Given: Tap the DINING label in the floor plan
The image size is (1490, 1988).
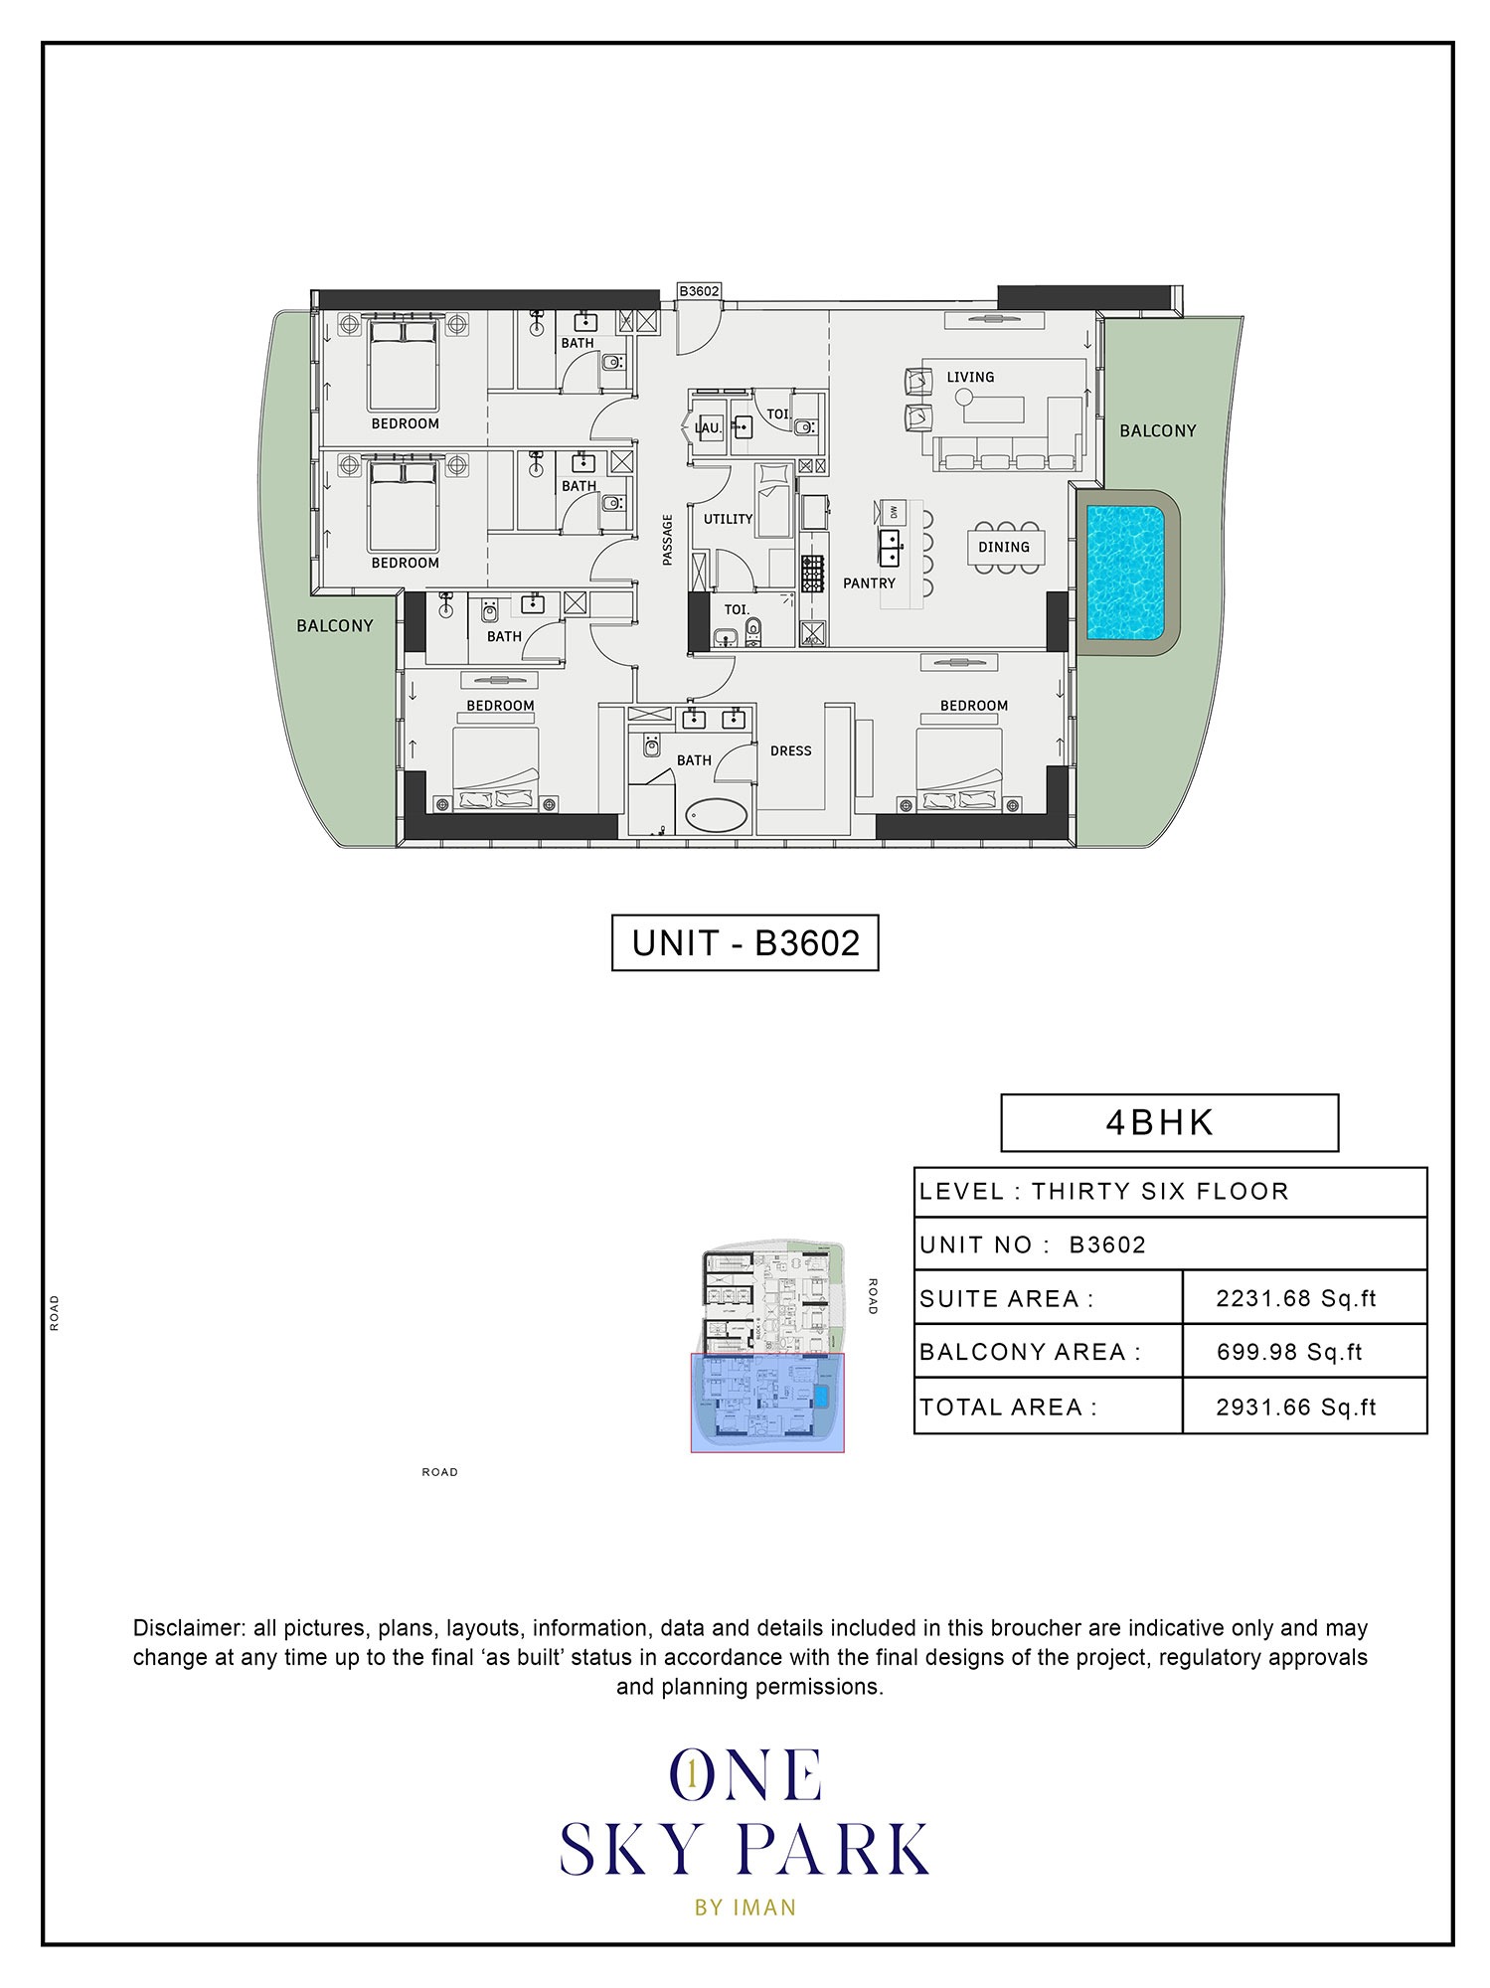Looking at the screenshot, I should coord(1003,547).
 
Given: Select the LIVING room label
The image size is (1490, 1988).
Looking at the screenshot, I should coord(969,377).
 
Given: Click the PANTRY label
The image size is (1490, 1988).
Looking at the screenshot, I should coord(869,583).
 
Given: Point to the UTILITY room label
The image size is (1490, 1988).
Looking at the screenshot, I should coord(728,519).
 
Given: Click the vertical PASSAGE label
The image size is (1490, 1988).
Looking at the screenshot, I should coord(668,540).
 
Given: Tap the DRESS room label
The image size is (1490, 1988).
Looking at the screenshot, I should coord(790,750).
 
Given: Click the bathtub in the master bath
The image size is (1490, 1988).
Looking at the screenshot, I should coord(717,817).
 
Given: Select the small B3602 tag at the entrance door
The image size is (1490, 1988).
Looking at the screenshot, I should coord(699,291).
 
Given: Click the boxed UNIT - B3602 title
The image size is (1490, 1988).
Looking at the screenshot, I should coord(745,942).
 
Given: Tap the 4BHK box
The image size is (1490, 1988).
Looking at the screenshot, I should coord(1169,1122).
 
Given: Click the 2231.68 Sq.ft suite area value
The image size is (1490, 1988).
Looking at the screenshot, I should coord(1295,1298).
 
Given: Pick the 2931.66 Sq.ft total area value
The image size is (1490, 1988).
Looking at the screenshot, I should coord(1295,1407).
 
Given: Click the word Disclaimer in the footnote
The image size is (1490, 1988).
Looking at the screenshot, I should coord(189,1628).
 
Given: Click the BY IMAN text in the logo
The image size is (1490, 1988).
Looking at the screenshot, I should coord(745,1907).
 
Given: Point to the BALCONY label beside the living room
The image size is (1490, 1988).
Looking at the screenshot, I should coord(1157,430).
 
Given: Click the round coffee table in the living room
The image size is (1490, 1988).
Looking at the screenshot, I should coord(963,397).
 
